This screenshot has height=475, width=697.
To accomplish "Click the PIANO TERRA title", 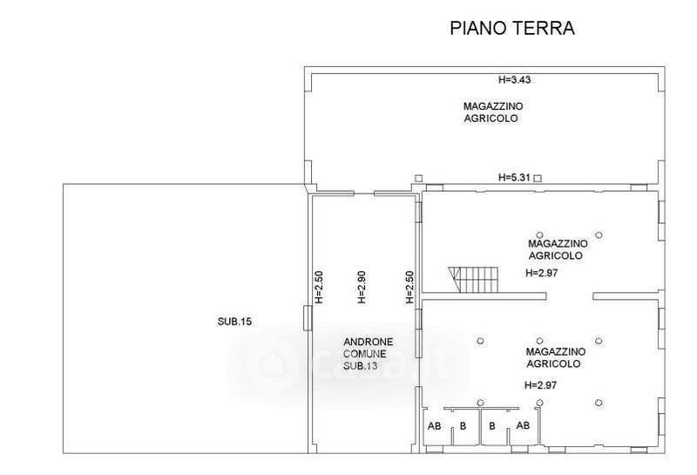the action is pyautogui.click(x=512, y=28).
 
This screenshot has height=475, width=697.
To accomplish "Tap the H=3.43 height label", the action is pyautogui.click(x=514, y=80).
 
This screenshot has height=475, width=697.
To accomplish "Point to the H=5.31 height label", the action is pyautogui.click(x=514, y=178).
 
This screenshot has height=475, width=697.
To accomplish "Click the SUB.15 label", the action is pyautogui.click(x=234, y=321).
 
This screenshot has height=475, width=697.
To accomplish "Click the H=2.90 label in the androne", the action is pyautogui.click(x=362, y=288).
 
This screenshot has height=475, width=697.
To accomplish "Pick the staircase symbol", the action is pyautogui.click(x=473, y=279).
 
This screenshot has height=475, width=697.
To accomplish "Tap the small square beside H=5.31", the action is pyautogui.click(x=538, y=179).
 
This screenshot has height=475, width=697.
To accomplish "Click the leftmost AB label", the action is pyautogui.click(x=434, y=426).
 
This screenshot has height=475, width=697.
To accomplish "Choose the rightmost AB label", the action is pyautogui.click(x=524, y=425).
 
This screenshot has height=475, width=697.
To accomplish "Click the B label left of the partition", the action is pyautogui.click(x=464, y=426).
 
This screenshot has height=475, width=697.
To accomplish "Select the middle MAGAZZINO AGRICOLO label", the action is pyautogui.click(x=558, y=249).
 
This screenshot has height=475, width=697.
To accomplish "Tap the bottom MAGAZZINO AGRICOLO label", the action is pyautogui.click(x=556, y=357).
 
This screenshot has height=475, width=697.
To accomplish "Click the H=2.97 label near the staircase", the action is pyautogui.click(x=541, y=273).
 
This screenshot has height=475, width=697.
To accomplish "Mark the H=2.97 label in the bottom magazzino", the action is pyautogui.click(x=540, y=385).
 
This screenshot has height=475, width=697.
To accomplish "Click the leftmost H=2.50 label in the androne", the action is pyautogui.click(x=319, y=288).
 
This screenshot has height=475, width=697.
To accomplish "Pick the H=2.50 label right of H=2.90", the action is pyautogui.click(x=409, y=288).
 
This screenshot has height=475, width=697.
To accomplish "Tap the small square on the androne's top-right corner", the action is pyautogui.click(x=419, y=178).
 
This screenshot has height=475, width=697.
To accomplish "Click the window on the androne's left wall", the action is pyautogui.click(x=308, y=317).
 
